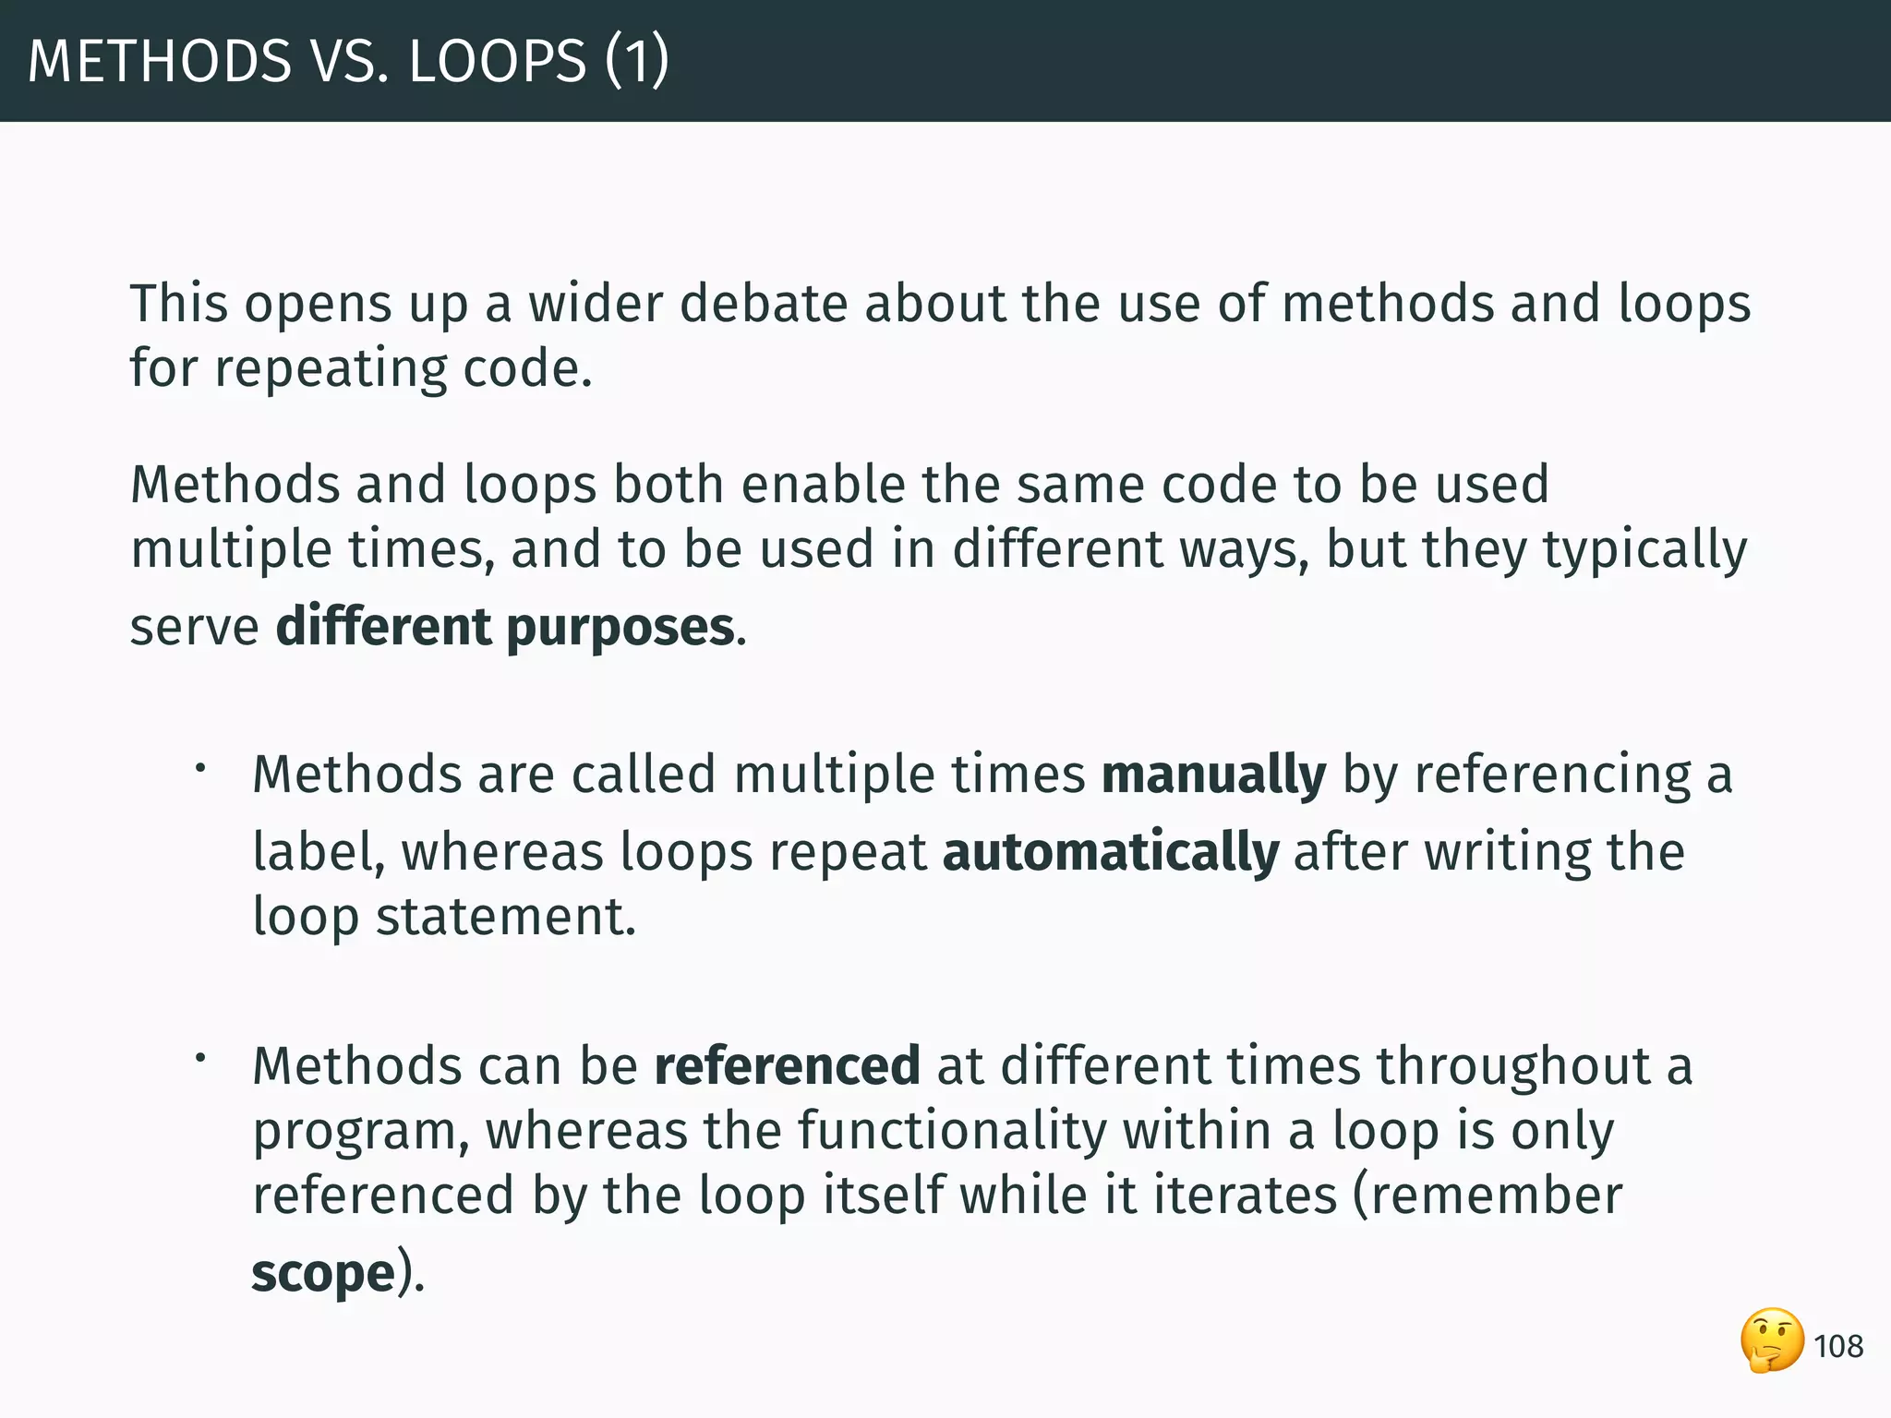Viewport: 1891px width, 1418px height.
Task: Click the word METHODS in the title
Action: point(160,61)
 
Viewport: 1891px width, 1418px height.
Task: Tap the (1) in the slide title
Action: point(637,61)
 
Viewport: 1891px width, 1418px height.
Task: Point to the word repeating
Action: point(331,368)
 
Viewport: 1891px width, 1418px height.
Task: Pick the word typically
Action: point(1644,551)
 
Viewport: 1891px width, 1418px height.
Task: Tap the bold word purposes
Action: point(620,627)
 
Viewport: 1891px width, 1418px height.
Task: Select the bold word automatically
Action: point(1110,851)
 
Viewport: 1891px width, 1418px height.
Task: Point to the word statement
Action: point(505,917)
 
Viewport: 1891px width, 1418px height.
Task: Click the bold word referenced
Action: point(787,1065)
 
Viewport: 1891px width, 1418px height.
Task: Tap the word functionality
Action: point(952,1131)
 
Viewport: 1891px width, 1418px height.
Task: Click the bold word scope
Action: point(323,1274)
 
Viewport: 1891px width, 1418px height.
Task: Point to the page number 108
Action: point(1837,1347)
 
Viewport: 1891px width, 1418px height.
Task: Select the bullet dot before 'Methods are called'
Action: point(199,766)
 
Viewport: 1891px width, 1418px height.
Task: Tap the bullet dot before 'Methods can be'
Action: point(199,1058)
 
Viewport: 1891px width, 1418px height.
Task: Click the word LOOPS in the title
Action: point(497,61)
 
